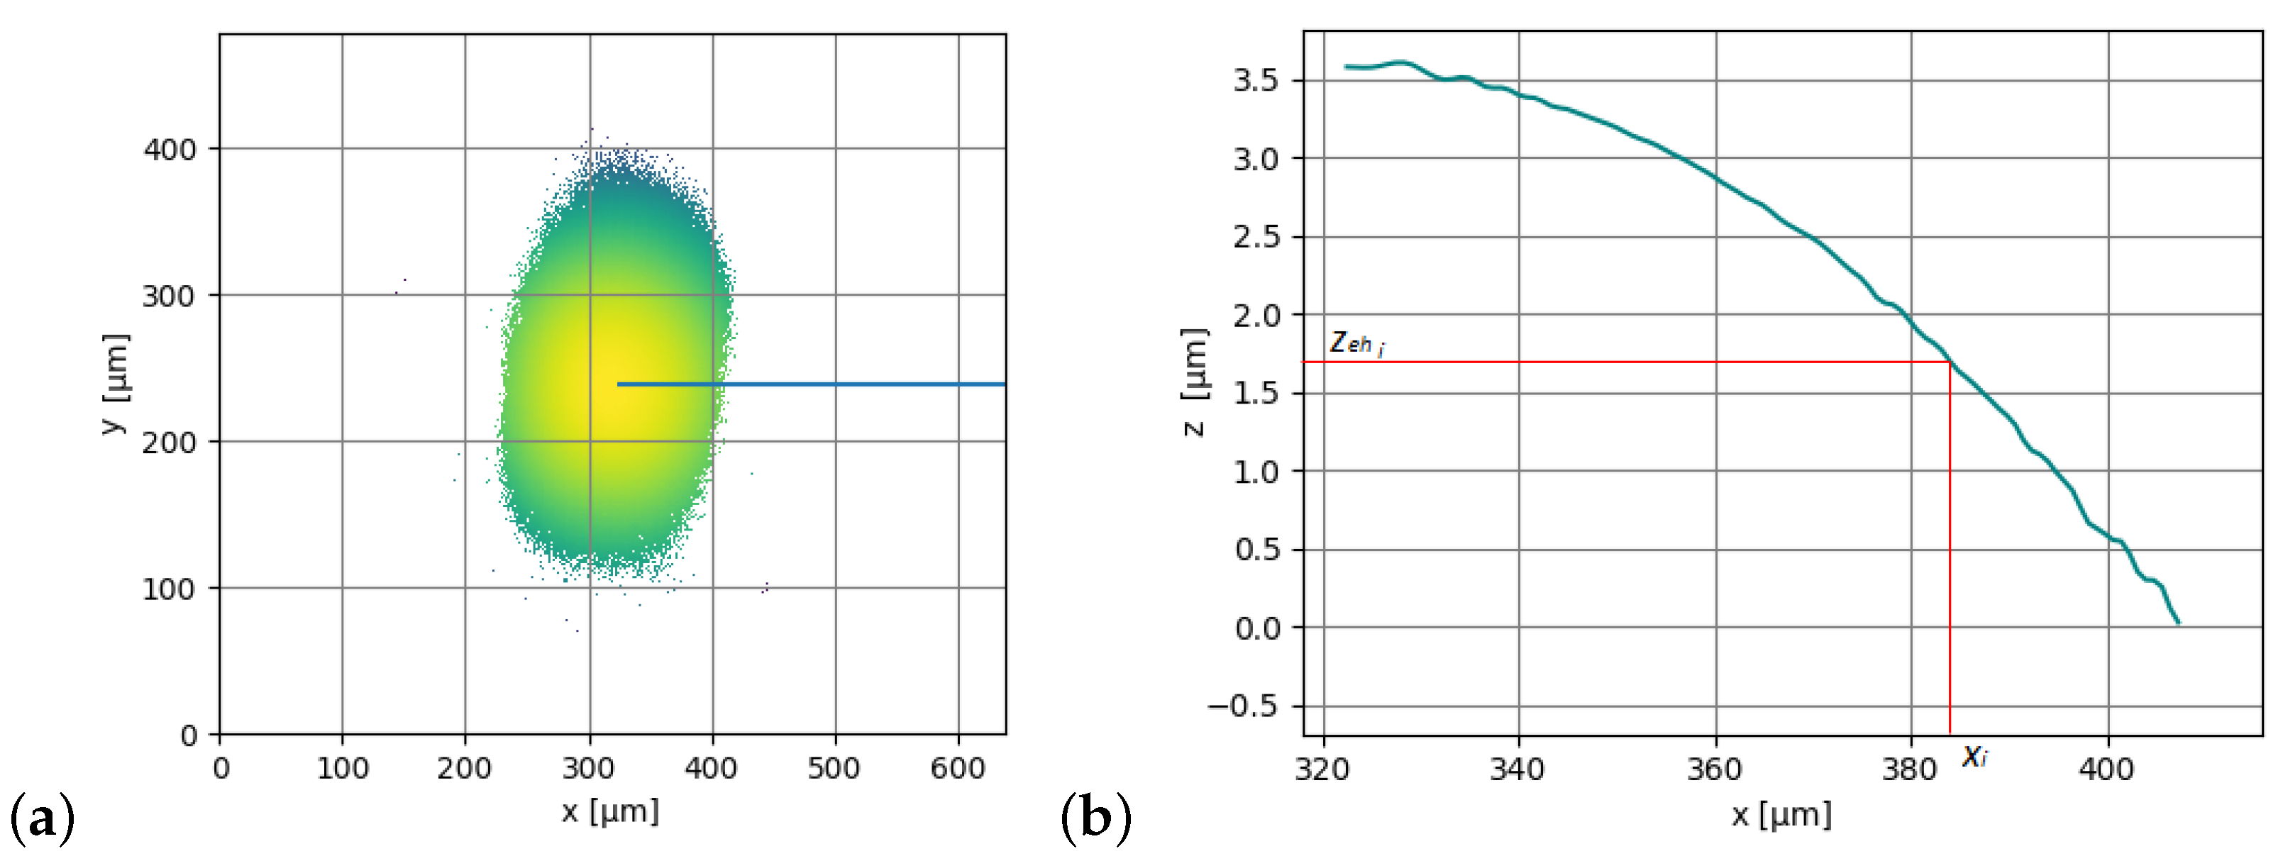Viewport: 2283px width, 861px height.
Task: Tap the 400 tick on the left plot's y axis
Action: [x=170, y=150]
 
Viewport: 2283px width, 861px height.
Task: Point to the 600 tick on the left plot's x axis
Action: [x=957, y=768]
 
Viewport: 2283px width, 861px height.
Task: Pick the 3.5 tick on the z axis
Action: [x=1256, y=81]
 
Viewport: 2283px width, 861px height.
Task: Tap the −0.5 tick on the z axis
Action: [x=1244, y=706]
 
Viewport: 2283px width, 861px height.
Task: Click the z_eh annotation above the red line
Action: [x=1356, y=343]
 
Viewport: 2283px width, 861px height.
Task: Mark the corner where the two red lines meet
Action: [x=1950, y=362]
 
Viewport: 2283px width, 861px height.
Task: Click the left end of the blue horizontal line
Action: [x=619, y=384]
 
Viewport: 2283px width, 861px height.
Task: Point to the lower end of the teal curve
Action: [x=2177, y=623]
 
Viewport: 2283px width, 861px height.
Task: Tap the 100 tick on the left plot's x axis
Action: [x=342, y=768]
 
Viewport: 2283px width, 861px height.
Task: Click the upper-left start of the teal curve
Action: [x=1347, y=67]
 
